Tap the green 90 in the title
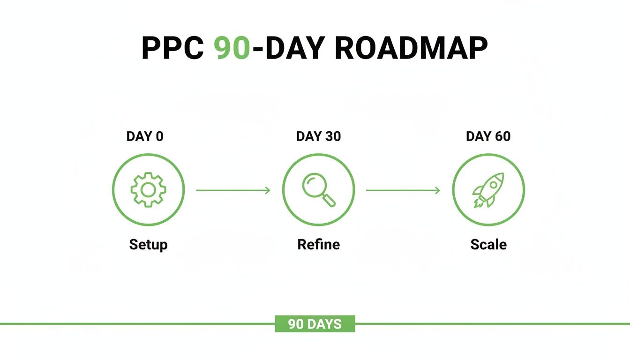coord(232,47)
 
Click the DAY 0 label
coord(145,136)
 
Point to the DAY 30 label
coord(318,136)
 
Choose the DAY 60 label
coord(488,136)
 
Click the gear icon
coord(148,190)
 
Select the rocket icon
coord(488,190)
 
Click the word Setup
coord(148,244)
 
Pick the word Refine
coord(318,244)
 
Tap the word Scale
coord(488,244)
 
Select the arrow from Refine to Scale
coord(403,190)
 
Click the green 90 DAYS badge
coord(315,323)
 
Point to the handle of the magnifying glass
coord(330,201)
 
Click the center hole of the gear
coord(148,190)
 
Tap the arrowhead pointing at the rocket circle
coord(438,190)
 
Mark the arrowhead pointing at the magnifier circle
coord(268,190)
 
